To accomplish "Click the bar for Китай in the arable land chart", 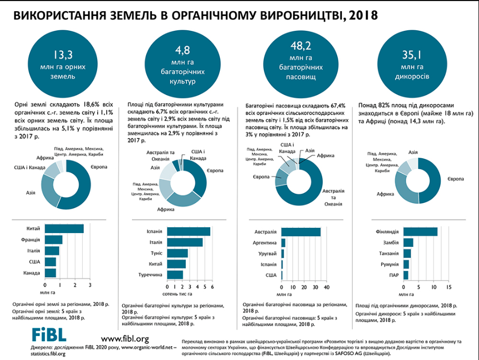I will coord(64,228).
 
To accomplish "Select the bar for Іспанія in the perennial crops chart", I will coord(189,232).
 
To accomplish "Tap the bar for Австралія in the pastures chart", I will coord(301,232).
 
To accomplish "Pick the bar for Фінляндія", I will coord(421,232).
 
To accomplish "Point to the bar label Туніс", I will coord(155,253).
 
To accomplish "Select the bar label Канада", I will coord(32,273).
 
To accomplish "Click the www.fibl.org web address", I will coord(124,338).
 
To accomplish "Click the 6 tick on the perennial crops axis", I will coord(212,287).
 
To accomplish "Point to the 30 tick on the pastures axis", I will coord(317,287).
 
